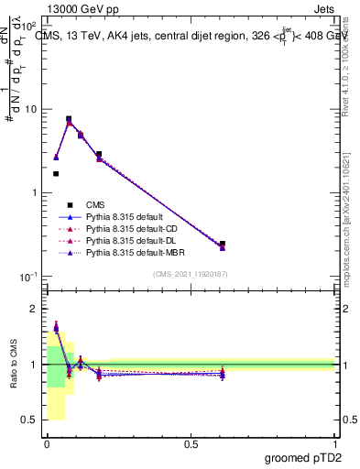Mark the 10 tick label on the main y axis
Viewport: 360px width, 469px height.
30,109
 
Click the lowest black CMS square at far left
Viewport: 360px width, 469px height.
56,173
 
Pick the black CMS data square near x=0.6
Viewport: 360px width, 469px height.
223,245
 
